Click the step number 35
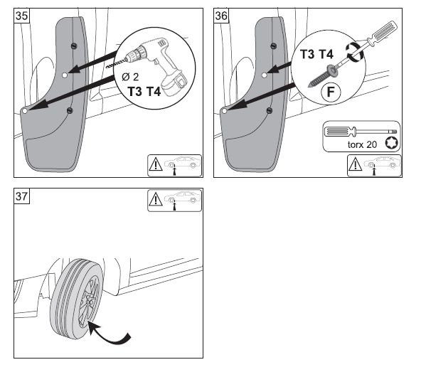(x=21, y=16)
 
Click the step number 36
(x=221, y=16)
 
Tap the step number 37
(x=21, y=196)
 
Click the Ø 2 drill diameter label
(x=130, y=77)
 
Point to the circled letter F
(x=331, y=92)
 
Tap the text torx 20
(x=362, y=144)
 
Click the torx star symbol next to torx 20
(x=391, y=143)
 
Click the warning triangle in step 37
(x=156, y=199)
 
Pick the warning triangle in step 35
(x=156, y=164)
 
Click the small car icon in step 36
(x=382, y=163)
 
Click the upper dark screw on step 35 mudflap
(x=74, y=46)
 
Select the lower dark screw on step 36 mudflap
(x=270, y=110)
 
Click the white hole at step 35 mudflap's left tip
(x=25, y=111)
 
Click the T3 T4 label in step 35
(x=144, y=91)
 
